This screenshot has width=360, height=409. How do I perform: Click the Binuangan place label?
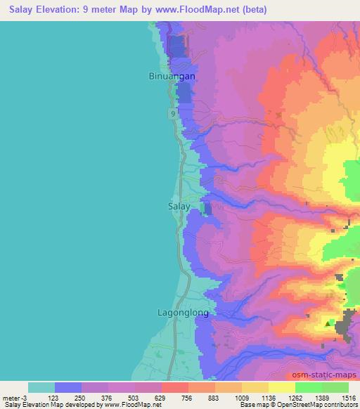pos(172,76)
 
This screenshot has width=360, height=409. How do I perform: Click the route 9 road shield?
pos(172,113)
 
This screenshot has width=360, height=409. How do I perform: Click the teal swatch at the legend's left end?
pos(41,387)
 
